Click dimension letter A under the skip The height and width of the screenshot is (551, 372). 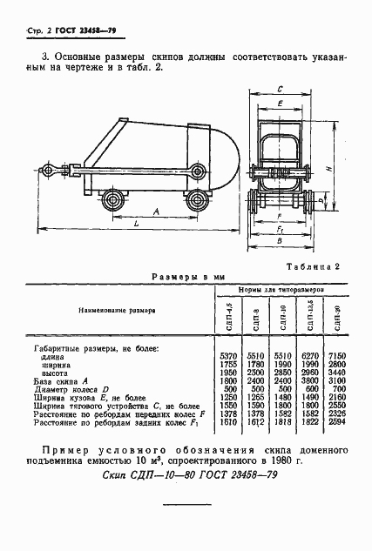point(154,212)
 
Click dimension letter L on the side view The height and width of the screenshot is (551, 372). point(138,225)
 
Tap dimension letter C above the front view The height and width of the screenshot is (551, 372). point(279,89)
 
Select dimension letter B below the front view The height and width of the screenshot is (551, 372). point(279,244)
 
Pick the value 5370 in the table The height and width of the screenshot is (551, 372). point(228,357)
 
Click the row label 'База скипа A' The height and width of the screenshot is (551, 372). point(56,380)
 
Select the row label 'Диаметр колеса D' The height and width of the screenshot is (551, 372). point(68,388)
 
